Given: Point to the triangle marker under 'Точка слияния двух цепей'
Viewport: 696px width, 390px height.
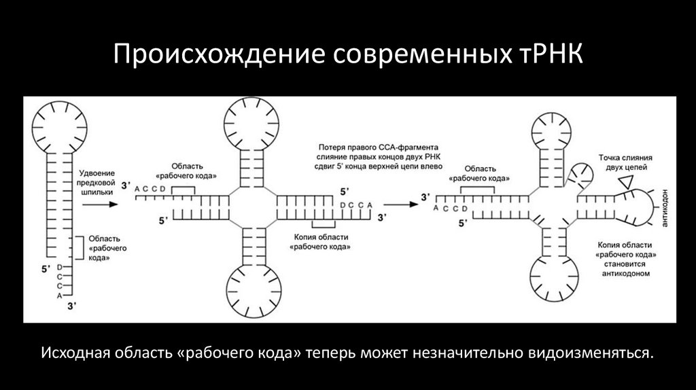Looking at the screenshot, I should point(625,180).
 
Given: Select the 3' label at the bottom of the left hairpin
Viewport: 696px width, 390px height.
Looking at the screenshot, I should point(70,308).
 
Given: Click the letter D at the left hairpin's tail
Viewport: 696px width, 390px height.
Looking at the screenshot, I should point(60,267).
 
